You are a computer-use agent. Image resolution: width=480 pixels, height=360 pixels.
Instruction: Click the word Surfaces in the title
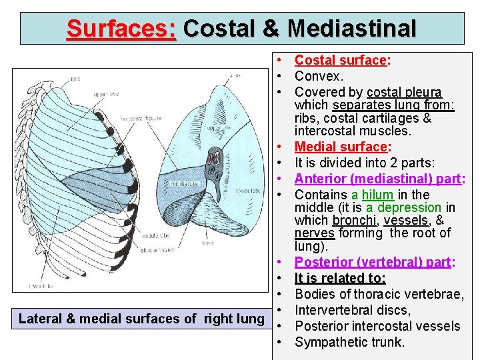(121, 29)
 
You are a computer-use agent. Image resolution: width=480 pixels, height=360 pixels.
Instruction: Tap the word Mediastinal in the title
(352, 29)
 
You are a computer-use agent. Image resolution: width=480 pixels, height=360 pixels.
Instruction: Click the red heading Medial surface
(341, 146)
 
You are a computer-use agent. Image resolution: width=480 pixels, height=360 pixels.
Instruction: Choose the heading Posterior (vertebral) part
(372, 262)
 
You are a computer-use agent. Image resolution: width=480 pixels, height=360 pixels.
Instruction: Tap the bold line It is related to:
(340, 278)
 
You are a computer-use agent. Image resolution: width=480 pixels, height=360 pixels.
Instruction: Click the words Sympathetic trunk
(349, 342)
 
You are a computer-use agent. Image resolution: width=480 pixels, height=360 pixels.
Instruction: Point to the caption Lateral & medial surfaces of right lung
(141, 319)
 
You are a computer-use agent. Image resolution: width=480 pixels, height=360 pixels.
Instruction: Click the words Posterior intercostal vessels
(377, 326)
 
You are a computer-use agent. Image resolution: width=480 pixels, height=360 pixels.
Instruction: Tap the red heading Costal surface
(341, 60)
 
